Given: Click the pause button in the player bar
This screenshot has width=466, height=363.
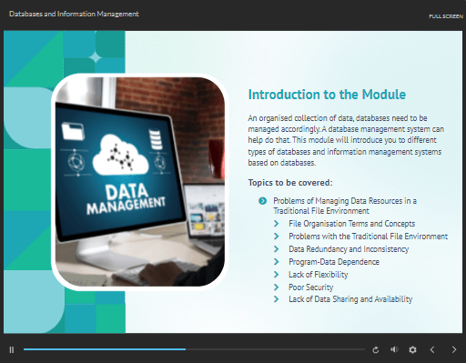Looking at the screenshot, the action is coord(12,350).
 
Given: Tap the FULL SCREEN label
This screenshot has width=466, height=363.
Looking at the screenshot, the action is coord(446,16).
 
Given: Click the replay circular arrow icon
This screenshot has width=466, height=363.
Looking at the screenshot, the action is coord(376,350).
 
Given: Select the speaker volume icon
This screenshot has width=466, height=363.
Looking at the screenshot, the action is coord(394,349).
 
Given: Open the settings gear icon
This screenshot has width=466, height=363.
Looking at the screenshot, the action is coord(412,350).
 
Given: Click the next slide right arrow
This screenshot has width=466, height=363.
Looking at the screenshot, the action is coord(454,350).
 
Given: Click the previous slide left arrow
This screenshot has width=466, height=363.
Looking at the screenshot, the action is coord(432,350).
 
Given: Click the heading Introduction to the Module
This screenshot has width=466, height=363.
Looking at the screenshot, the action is coord(327,95).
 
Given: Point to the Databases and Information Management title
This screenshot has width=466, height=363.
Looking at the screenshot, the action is coord(74,14).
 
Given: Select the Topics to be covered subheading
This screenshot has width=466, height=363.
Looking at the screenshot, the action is coord(290,183).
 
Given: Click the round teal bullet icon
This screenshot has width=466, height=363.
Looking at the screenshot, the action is coord(263,201).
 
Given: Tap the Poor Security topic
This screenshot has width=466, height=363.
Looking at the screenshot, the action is coord(311,287).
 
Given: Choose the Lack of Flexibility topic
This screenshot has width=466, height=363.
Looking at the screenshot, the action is coord(319,275).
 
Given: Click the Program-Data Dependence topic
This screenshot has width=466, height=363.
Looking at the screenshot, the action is coord(334,262).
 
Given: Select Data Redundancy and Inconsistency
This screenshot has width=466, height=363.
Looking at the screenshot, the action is coord(349,249).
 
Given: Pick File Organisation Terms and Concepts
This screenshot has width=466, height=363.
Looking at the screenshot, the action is coord(352,224).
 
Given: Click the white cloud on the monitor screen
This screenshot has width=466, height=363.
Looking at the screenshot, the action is coord(120,156).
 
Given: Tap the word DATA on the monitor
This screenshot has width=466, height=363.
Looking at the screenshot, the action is coord(127,192).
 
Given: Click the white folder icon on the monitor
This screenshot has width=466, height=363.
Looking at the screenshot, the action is coord(73,131).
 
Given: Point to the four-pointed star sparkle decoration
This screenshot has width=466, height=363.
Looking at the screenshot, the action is coord(96,57).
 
